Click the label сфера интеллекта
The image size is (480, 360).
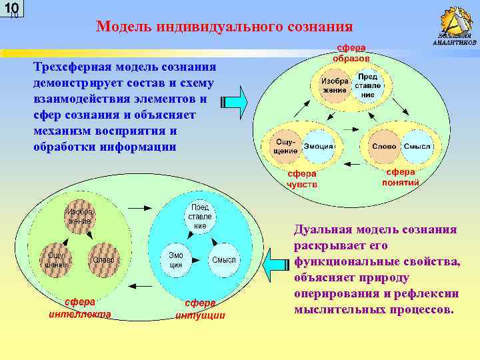coord(79,308)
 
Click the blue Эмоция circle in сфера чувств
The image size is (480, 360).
coord(319,146)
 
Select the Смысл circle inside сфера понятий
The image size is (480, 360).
coord(417,146)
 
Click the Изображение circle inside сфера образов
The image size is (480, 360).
coord(334,85)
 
